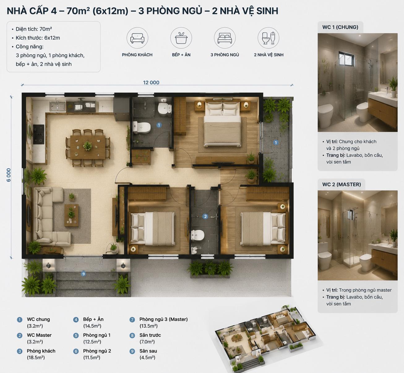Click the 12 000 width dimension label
pos(151,82)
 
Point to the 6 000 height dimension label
pos(9,175)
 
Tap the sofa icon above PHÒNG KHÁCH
pos(137,38)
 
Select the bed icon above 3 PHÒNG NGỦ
pos(225,38)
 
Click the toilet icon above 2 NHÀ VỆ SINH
pos(269,38)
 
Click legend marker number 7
pos(132,320)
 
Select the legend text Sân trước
pos(150,335)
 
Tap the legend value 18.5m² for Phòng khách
pos(36,357)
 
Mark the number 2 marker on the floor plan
pos(205,216)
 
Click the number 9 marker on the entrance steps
pos(83,274)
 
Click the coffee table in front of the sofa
pos(71,215)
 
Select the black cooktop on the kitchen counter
pos(38,134)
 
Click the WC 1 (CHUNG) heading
pos(340,27)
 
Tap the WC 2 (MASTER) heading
pos(342,184)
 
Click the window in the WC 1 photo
pos(346,59)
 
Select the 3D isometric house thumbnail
pos(265,338)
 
